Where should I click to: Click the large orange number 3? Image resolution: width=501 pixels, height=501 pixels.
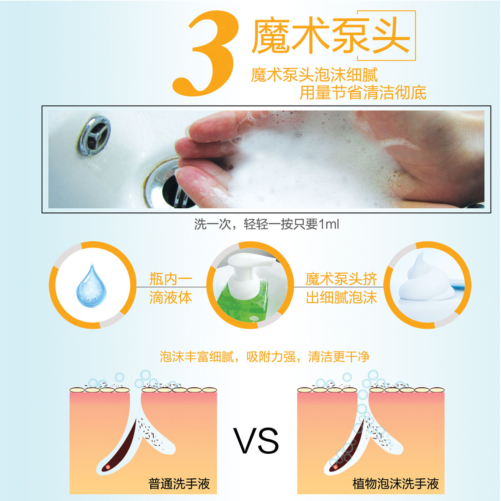[x=205, y=53]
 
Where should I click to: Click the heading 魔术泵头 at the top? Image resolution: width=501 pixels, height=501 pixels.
[x=331, y=35]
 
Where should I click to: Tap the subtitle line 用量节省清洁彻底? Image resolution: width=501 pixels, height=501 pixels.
[x=363, y=93]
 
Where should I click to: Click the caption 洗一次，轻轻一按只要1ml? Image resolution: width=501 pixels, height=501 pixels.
[x=267, y=224]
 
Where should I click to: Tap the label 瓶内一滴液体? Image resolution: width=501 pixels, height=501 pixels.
[x=171, y=288]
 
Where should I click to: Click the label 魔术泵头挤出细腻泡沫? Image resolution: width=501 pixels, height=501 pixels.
[x=341, y=288]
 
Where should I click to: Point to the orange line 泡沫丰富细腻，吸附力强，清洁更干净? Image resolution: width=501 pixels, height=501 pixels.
[x=264, y=357]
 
